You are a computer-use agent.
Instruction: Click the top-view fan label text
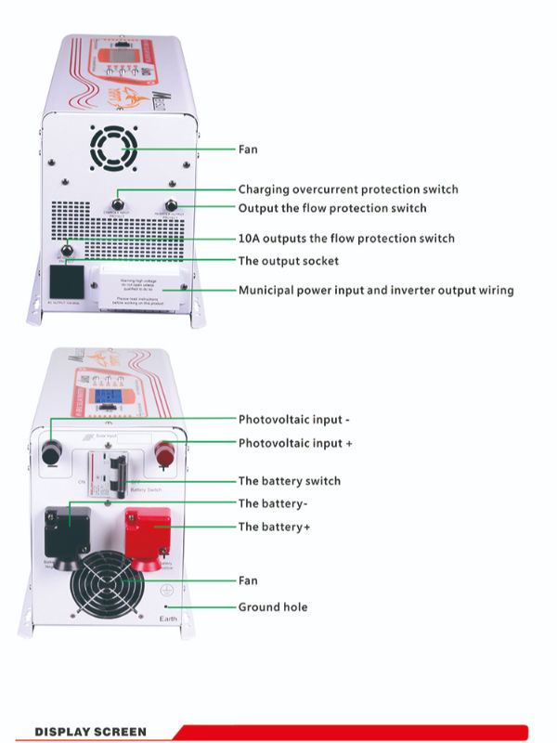tap(248, 150)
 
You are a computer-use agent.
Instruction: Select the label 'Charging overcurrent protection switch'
tap(348, 189)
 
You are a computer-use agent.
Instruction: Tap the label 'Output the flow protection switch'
tap(332, 208)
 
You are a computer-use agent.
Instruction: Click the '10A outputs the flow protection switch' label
tap(346, 239)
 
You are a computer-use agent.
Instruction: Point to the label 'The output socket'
tap(289, 261)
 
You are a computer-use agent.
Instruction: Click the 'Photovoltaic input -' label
tap(293, 420)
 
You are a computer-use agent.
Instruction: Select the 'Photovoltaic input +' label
tap(295, 444)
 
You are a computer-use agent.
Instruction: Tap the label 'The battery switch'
tap(290, 481)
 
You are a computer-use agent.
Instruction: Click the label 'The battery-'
tap(273, 503)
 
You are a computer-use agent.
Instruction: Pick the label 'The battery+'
tap(274, 527)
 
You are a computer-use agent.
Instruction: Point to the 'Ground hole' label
tap(273, 607)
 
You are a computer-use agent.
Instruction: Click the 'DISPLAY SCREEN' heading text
tap(90, 732)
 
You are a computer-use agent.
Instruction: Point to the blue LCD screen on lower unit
tap(109, 397)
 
